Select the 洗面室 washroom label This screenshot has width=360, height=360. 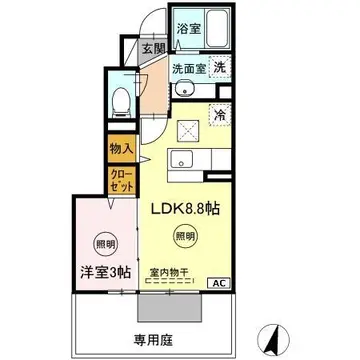tap(187, 70)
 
